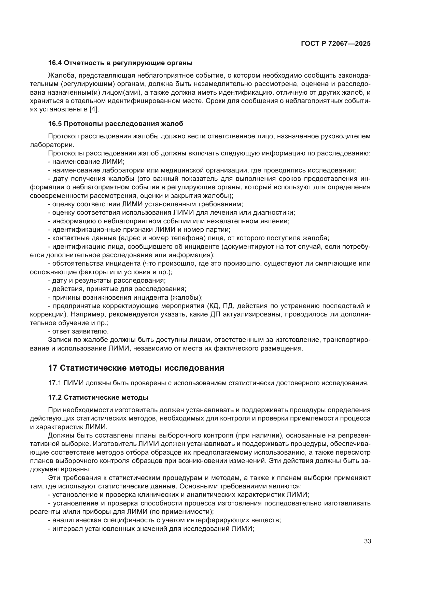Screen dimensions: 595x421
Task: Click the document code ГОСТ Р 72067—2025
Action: (x=336, y=43)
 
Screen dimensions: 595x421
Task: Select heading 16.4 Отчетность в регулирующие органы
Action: (x=120, y=63)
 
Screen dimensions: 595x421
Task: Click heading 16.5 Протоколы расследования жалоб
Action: (x=116, y=124)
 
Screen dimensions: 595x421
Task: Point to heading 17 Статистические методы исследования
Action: (x=136, y=368)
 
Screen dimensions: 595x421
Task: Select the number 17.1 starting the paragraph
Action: (x=54, y=383)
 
